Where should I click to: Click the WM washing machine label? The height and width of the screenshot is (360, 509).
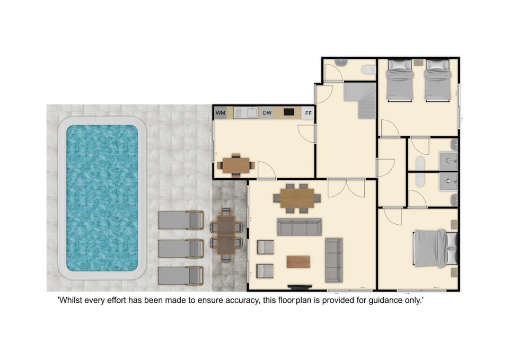pyautogui.click(x=221, y=113)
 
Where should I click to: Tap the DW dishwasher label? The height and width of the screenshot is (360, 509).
pyautogui.click(x=267, y=113)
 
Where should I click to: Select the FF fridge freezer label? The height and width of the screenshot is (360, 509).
pyautogui.click(x=309, y=113)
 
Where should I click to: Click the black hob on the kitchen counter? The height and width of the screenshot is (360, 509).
pyautogui.click(x=289, y=112)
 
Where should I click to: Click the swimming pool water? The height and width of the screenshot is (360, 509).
pyautogui.click(x=102, y=198)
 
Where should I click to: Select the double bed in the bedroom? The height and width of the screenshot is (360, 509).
pyautogui.click(x=435, y=248)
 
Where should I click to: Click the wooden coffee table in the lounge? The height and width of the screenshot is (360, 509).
pyautogui.click(x=299, y=261)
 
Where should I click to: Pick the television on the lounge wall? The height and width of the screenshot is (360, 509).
pyautogui.click(x=300, y=287)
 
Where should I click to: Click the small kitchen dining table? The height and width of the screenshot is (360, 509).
pyautogui.click(x=236, y=165)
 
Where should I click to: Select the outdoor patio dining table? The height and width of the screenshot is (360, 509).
pyautogui.click(x=226, y=235)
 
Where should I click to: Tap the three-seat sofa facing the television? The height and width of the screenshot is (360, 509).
pyautogui.click(x=299, y=226)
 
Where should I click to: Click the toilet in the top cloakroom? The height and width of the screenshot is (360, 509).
pyautogui.click(x=370, y=70)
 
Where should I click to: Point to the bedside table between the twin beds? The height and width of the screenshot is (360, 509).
pyautogui.click(x=419, y=63)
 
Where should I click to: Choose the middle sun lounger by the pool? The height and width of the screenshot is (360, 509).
pyautogui.click(x=181, y=249)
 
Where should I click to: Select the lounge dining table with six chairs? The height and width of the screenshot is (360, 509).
pyautogui.click(x=297, y=198)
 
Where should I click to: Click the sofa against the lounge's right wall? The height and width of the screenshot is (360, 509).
pyautogui.click(x=334, y=260)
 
